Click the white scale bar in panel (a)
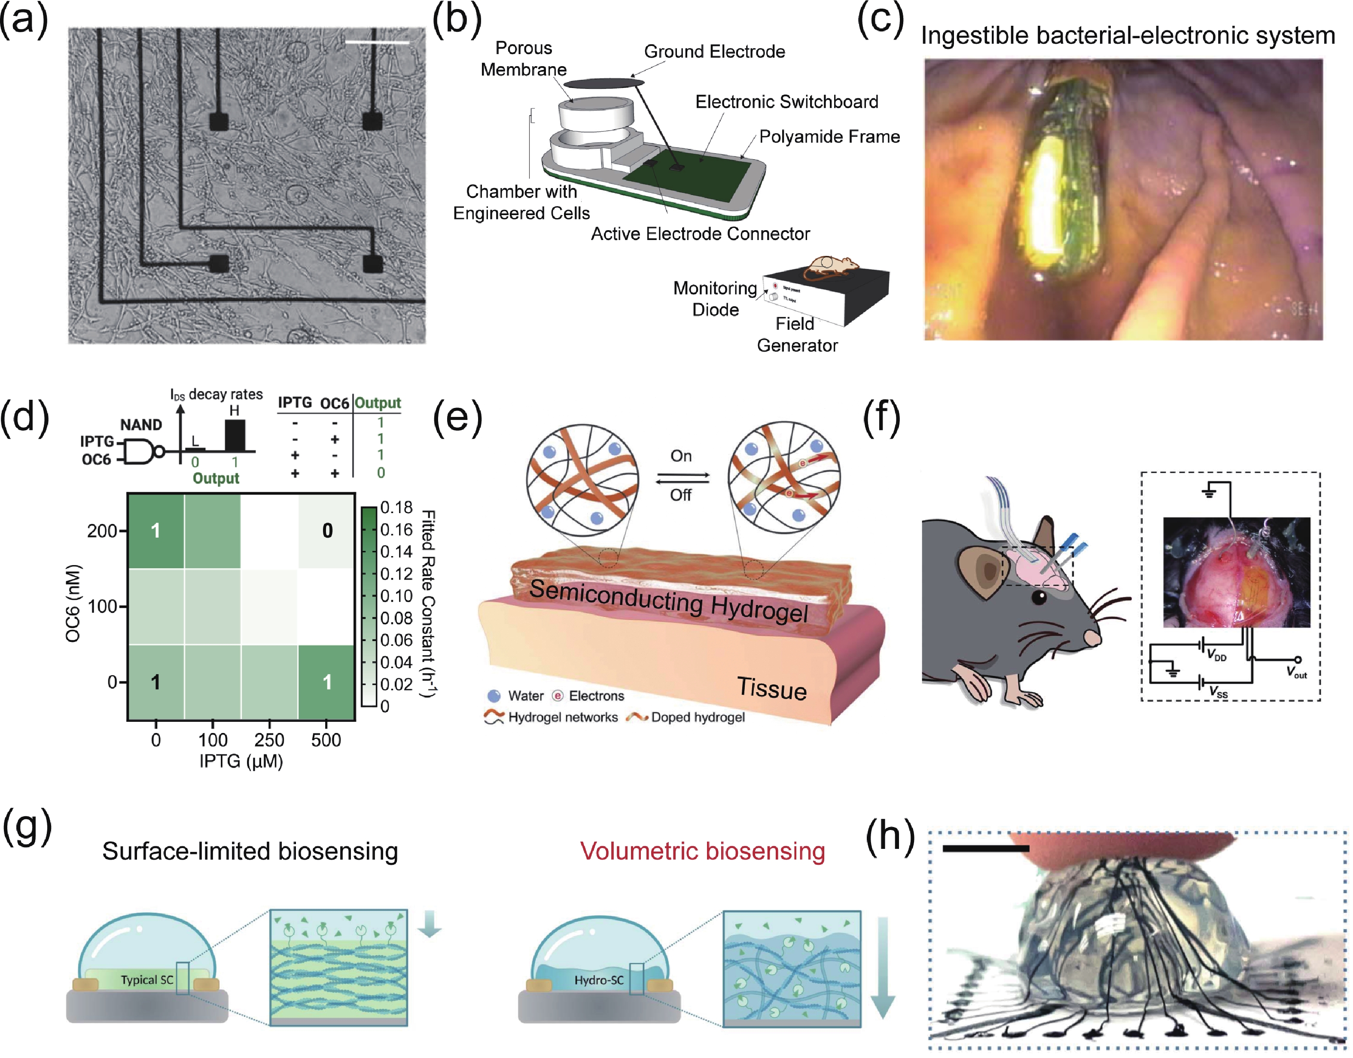click(x=377, y=43)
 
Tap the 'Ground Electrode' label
click(x=714, y=52)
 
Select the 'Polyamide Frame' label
click(x=829, y=137)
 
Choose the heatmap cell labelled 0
click(x=327, y=531)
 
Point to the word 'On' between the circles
click(x=681, y=456)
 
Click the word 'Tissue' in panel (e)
click(x=772, y=689)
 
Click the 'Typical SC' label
click(x=147, y=980)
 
